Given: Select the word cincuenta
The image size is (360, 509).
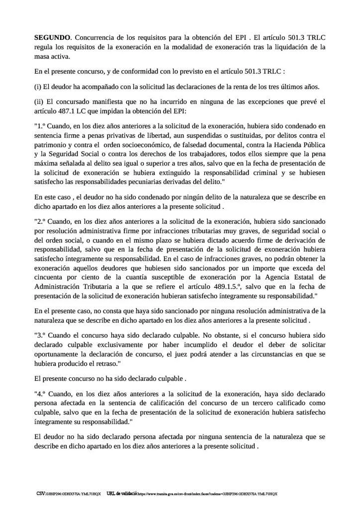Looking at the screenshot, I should click(49, 277).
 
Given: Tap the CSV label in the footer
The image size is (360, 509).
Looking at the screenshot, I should click(40, 494).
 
